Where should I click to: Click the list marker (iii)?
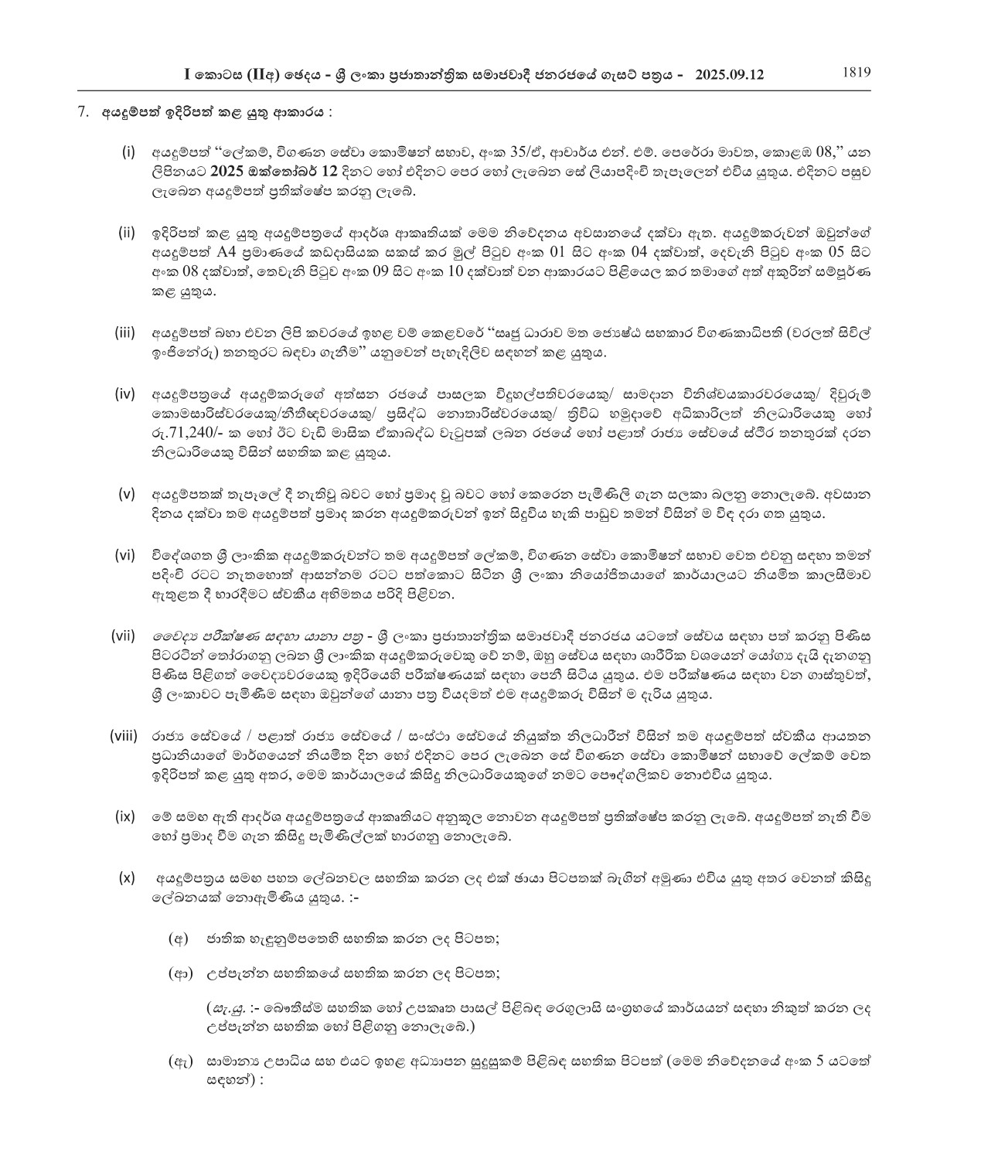point(124,332)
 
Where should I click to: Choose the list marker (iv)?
point(124,394)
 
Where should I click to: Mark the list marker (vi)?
point(125,554)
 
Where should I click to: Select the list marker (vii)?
point(124,635)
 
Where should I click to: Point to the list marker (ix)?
point(125,815)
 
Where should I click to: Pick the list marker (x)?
point(127,877)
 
